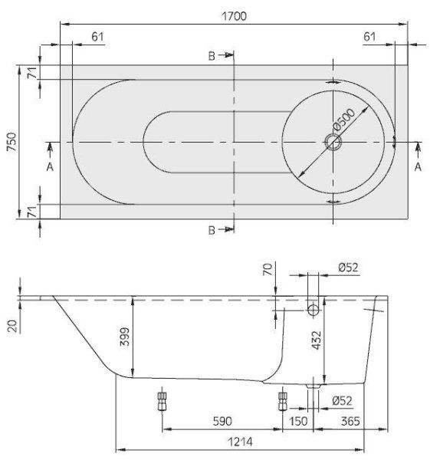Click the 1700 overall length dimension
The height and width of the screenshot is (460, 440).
[x=235, y=16]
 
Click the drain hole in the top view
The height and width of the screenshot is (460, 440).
[x=333, y=143]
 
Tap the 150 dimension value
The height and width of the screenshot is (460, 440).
[x=298, y=422]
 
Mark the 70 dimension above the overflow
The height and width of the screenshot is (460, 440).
[x=267, y=271]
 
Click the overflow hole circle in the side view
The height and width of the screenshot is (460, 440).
[x=314, y=310]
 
